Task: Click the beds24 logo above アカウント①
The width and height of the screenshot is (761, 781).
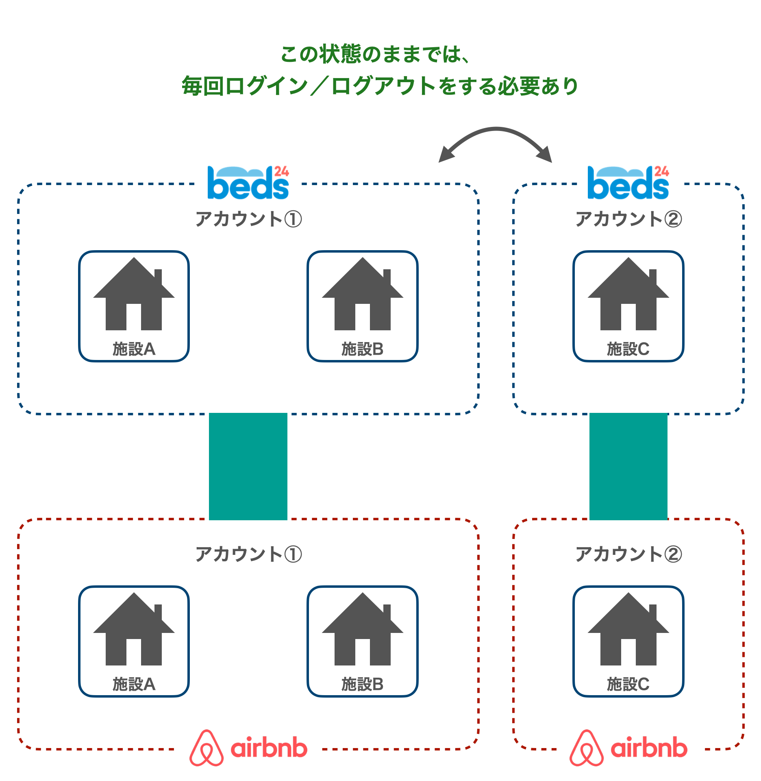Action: [248, 183]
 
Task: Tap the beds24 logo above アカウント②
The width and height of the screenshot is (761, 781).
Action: [628, 183]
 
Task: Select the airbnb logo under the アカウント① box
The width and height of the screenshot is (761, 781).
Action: [248, 748]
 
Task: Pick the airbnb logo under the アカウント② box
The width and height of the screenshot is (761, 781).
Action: [628, 748]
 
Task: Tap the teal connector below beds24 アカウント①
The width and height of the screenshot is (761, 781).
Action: [248, 466]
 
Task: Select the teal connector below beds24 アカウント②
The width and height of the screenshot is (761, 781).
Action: [628, 466]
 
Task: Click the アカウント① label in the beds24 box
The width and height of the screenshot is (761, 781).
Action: [248, 219]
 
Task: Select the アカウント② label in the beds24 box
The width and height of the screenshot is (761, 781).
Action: [628, 219]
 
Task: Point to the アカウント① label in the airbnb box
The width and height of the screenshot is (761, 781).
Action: [248, 554]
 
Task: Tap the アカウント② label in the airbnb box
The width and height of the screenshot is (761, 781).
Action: [628, 554]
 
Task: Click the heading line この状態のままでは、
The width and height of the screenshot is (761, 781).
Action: [376, 54]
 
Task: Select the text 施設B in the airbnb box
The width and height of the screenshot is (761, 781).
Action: [363, 684]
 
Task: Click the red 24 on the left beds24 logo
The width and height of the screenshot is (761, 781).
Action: [281, 171]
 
